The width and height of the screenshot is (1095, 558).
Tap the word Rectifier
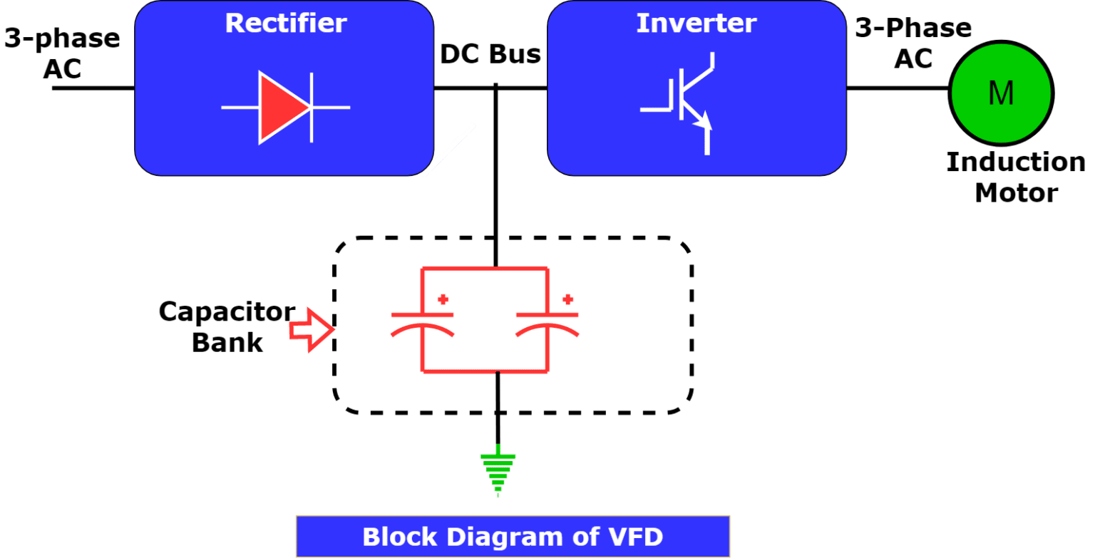(286, 23)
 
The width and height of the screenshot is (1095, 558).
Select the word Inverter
(696, 23)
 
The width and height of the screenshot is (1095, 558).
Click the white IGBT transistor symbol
(684, 103)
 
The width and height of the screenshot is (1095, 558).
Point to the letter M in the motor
(1001, 93)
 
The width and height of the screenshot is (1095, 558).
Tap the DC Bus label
(490, 54)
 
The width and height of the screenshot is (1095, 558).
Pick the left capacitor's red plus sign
(443, 298)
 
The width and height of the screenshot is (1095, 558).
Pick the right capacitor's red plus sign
(568, 298)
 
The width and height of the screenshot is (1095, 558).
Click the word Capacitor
(227, 312)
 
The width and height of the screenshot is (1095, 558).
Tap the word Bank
(227, 342)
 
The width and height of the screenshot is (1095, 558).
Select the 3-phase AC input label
(62, 53)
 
